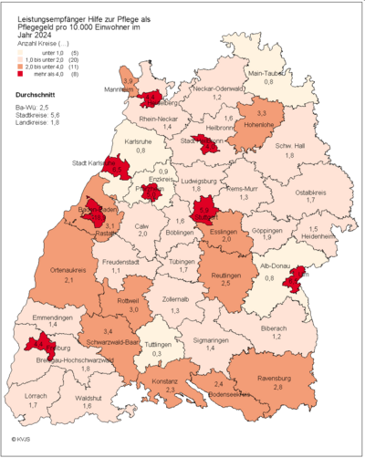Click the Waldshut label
(x=89, y=398)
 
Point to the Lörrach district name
(x=36, y=397)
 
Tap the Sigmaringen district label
(x=210, y=338)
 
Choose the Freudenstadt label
(x=115, y=262)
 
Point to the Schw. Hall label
(x=289, y=145)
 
